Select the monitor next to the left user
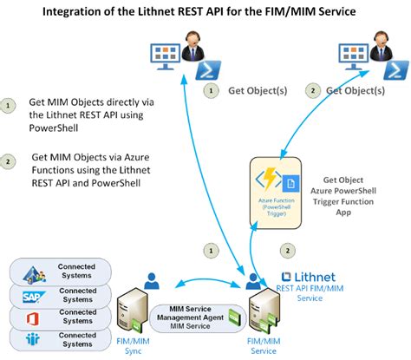coord(167,55)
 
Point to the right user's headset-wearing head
coord(379,40)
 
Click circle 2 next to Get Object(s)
coord(315,89)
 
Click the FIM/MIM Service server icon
coord(263,313)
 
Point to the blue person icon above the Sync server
coord(153,280)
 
